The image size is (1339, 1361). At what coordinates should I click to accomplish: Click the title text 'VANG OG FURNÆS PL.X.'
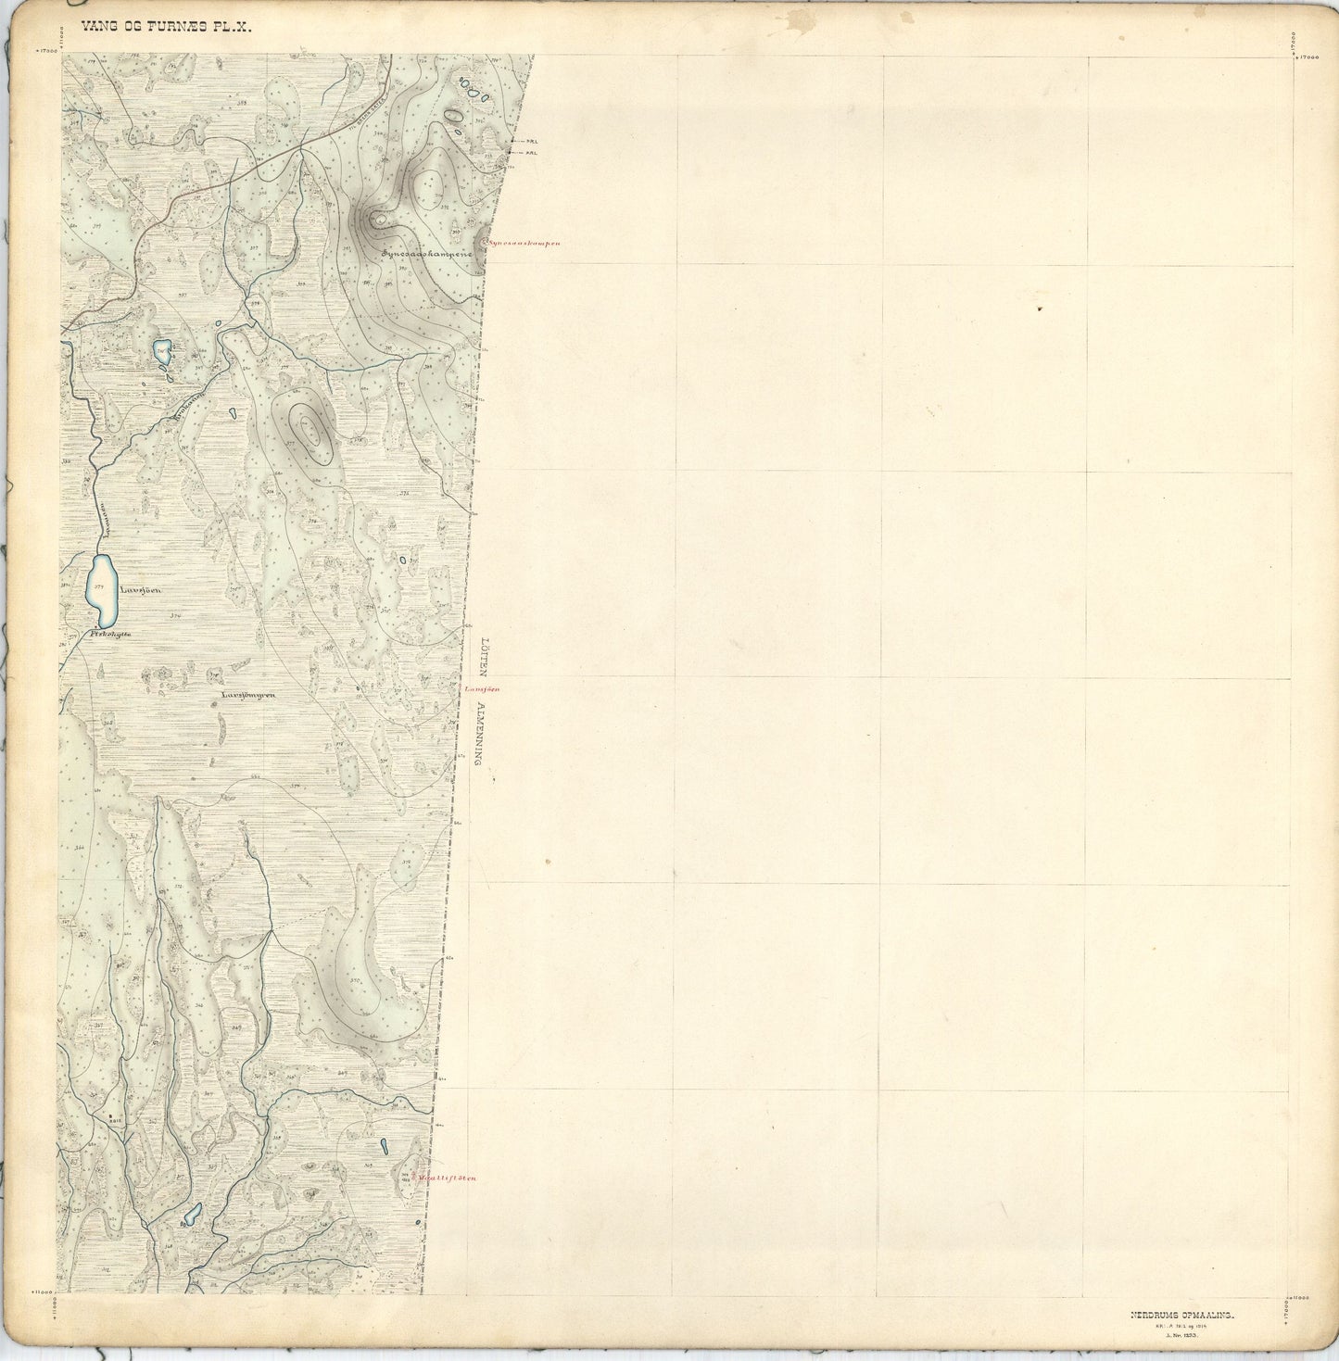pos(166,28)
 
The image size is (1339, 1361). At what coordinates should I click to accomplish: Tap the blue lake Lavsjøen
pos(102,587)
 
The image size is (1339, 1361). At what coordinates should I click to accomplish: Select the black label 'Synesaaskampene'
pos(427,252)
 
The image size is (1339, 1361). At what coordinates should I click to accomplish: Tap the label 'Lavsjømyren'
pos(248,693)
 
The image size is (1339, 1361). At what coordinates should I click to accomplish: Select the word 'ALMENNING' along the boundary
pos(479,733)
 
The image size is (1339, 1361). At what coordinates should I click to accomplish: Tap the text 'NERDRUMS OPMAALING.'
pos(1181,1313)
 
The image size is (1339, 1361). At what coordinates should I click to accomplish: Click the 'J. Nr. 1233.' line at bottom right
pos(1181,1334)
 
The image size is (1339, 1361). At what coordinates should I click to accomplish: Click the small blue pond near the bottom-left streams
pos(193,1214)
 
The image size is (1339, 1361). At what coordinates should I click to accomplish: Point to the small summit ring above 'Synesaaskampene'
pos(377,220)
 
